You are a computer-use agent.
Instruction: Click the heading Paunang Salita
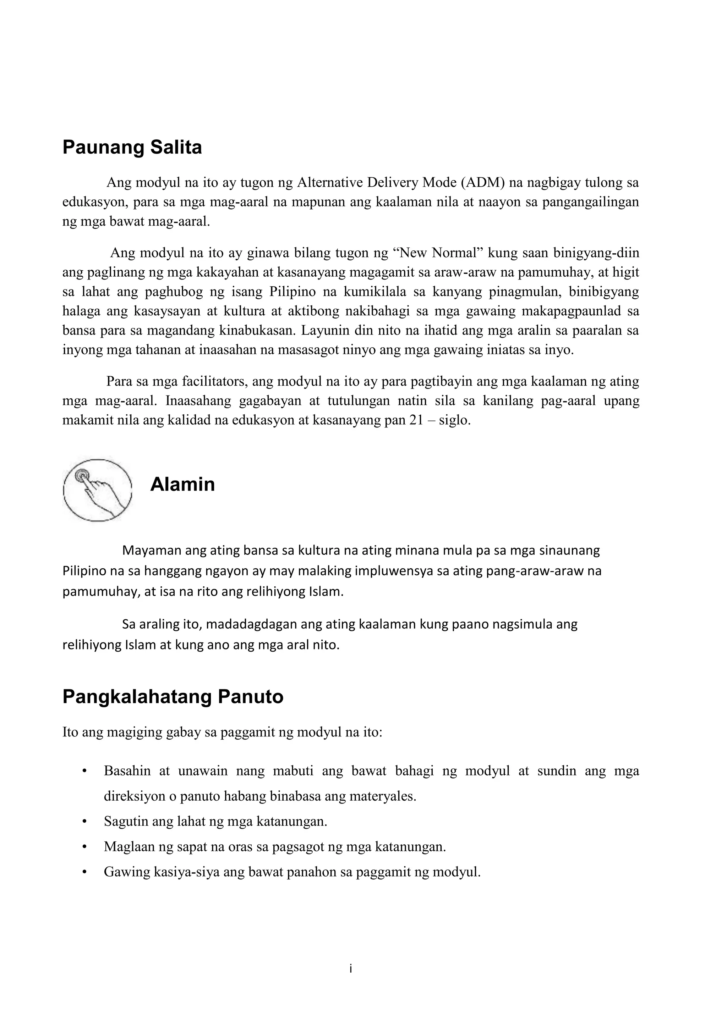click(x=132, y=147)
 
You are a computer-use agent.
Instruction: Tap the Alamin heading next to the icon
click(x=182, y=485)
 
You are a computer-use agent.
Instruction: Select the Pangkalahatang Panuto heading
click(x=173, y=697)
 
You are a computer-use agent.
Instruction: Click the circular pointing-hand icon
click(x=97, y=489)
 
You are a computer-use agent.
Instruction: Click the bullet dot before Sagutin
click(x=84, y=822)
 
